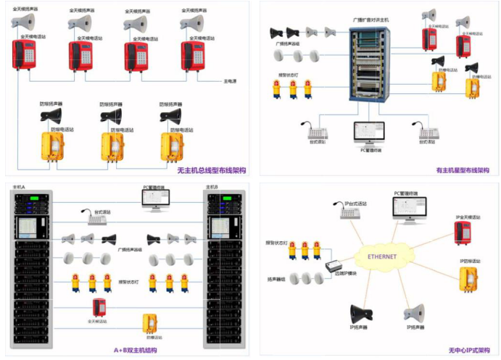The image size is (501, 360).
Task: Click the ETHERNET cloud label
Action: click(x=382, y=257)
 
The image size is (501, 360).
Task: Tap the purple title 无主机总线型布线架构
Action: click(x=211, y=171)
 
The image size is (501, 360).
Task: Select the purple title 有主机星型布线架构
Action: click(x=462, y=171)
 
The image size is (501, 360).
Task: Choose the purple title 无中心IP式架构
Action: click(x=468, y=350)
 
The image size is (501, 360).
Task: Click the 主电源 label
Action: click(x=230, y=80)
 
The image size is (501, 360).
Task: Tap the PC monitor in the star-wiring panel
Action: click(x=369, y=133)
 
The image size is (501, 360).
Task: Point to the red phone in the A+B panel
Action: click(x=99, y=306)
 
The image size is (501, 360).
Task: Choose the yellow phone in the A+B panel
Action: click(x=151, y=322)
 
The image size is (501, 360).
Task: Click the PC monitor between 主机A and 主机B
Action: click(x=154, y=198)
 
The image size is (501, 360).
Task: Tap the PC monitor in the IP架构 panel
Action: click(x=409, y=209)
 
